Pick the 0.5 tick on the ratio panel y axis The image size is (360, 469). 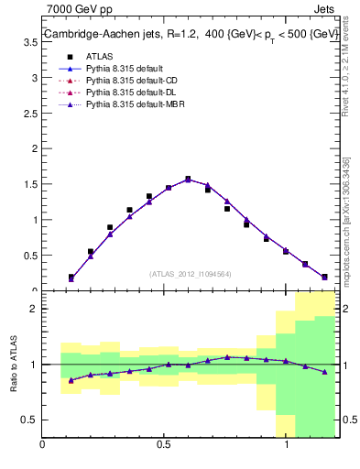(x=30, y=420)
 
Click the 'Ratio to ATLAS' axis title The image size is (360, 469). (x=13, y=365)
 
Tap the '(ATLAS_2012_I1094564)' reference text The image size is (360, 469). (x=191, y=273)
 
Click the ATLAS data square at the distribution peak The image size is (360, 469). (x=188, y=180)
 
